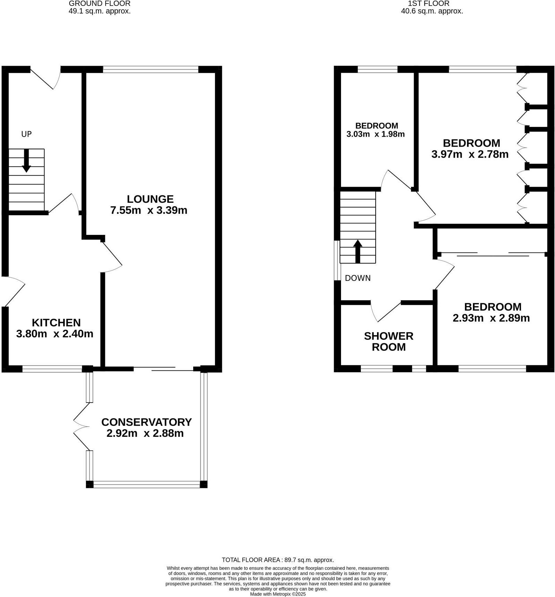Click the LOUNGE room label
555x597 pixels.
tap(150, 199)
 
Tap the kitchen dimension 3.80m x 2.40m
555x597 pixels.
tap(55, 334)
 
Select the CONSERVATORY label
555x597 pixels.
tap(146, 422)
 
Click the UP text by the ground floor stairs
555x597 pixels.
tap(26, 134)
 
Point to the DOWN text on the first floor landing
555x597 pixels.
tap(358, 278)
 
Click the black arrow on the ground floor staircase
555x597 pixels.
tap(26, 161)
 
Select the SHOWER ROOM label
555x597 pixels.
tap(388, 341)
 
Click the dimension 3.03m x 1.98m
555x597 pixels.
tap(375, 134)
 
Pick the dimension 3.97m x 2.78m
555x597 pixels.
tap(470, 154)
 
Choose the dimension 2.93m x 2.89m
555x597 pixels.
tap(491, 318)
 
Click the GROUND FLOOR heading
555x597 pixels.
tap(100, 4)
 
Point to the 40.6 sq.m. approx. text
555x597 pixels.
tap(432, 11)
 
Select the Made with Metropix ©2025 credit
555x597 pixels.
tap(278, 594)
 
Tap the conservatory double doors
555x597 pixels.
tap(81, 426)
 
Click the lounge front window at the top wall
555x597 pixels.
tap(151, 70)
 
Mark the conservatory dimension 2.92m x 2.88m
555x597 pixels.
tap(145, 433)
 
